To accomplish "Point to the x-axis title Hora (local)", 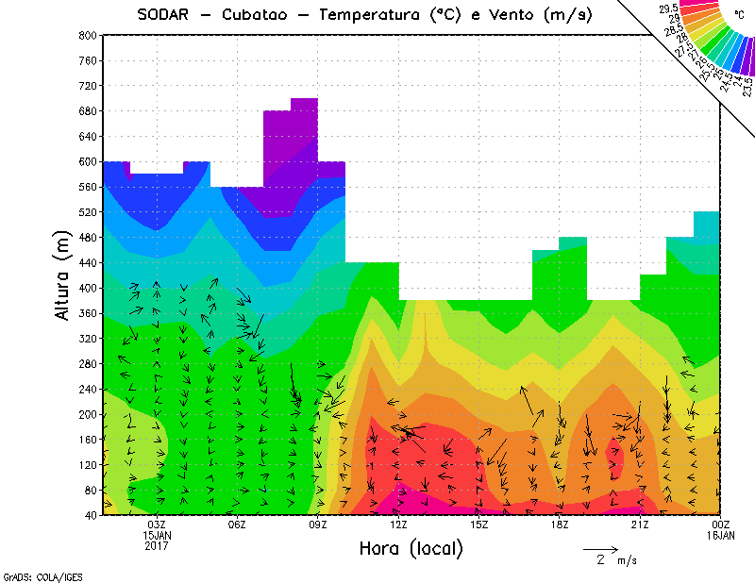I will click(x=411, y=548).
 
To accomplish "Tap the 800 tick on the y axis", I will click(x=88, y=35).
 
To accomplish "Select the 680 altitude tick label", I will click(x=88, y=110).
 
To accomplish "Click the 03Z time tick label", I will click(x=157, y=525).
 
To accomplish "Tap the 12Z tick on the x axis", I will click(x=398, y=525).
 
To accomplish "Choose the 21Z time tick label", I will click(x=640, y=525).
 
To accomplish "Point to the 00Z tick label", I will click(x=721, y=525).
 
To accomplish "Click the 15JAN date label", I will click(x=157, y=535).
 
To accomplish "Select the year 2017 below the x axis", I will click(x=157, y=545).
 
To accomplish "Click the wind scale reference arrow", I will click(x=600, y=548).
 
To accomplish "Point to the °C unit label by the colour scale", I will click(x=739, y=14).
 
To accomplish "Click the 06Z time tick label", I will click(x=237, y=525).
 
